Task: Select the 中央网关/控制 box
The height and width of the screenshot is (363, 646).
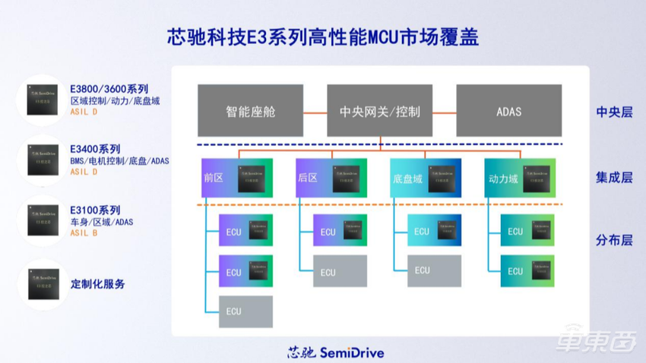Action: pos(379,111)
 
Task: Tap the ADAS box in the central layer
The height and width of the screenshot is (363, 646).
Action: pos(508,111)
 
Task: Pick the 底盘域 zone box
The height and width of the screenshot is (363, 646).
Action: pos(426,178)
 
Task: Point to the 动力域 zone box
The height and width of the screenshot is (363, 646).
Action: pos(520,178)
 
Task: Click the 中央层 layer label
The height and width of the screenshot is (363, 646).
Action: pos(614,112)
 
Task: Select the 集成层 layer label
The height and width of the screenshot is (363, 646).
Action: pos(614,178)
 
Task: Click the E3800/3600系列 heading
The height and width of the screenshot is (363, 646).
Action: pos(109,88)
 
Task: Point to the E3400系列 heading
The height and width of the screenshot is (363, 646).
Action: pos(95,149)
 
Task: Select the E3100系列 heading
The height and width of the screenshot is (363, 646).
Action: pos(95,210)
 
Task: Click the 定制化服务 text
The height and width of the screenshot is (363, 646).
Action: pos(98,284)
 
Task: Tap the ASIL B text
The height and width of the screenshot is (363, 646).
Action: pos(84,233)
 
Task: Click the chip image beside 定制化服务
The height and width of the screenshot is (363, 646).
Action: pos(43,283)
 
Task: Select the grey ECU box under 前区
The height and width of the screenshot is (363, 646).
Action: pos(245,311)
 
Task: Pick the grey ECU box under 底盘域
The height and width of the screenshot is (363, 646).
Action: pos(434,270)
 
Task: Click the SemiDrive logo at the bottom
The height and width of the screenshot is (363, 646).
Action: pos(335,352)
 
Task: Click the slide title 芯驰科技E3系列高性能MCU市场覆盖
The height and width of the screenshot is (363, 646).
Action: pos(322,38)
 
